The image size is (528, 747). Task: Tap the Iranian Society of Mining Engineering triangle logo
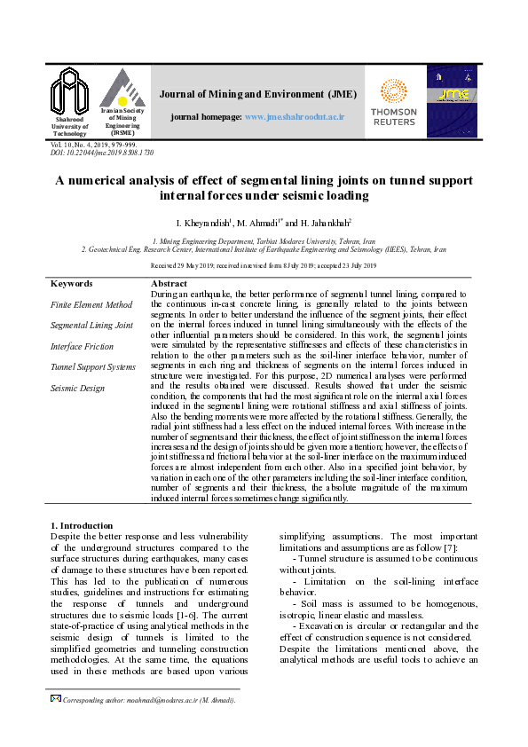122,88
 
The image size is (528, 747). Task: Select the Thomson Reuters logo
393,103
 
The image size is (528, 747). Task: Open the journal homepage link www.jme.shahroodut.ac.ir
294,117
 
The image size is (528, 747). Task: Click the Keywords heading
72,284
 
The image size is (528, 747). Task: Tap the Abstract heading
169,284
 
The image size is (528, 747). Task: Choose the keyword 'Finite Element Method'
91,305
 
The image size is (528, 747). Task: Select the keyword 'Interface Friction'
82,346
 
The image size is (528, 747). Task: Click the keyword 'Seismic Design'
78,387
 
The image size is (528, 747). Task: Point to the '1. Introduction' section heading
82,525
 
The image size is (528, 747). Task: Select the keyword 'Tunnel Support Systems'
93,366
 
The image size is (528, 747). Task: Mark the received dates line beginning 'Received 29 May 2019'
264,265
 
